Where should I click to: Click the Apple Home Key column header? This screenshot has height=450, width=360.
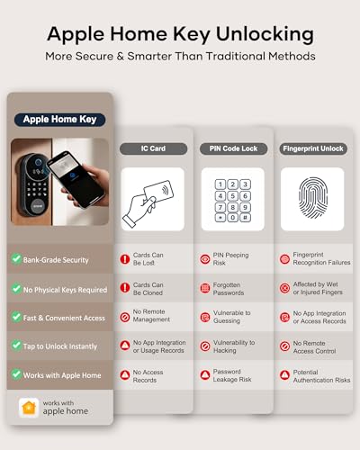pos(59,119)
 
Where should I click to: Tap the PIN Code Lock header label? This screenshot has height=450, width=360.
pos(231,148)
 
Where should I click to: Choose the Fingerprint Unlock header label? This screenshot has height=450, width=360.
pos(311,148)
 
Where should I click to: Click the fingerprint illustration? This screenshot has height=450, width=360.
pos(311,199)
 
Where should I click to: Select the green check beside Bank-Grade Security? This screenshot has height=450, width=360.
pos(16,259)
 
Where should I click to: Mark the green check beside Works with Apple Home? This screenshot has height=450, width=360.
pos(16,373)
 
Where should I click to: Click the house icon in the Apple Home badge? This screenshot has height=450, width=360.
pos(30,407)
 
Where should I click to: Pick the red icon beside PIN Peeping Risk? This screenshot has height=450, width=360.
pos(204,259)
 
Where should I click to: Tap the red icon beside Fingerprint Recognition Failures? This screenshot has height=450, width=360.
pos(284,259)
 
